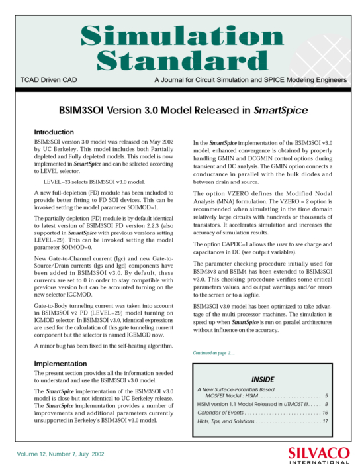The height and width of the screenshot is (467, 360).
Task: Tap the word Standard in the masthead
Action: coord(181,60)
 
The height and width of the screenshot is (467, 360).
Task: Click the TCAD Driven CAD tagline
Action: coord(49,80)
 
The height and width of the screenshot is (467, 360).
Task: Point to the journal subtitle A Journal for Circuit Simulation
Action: coord(249,80)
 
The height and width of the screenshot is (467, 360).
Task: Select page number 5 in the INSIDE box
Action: coord(326,395)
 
